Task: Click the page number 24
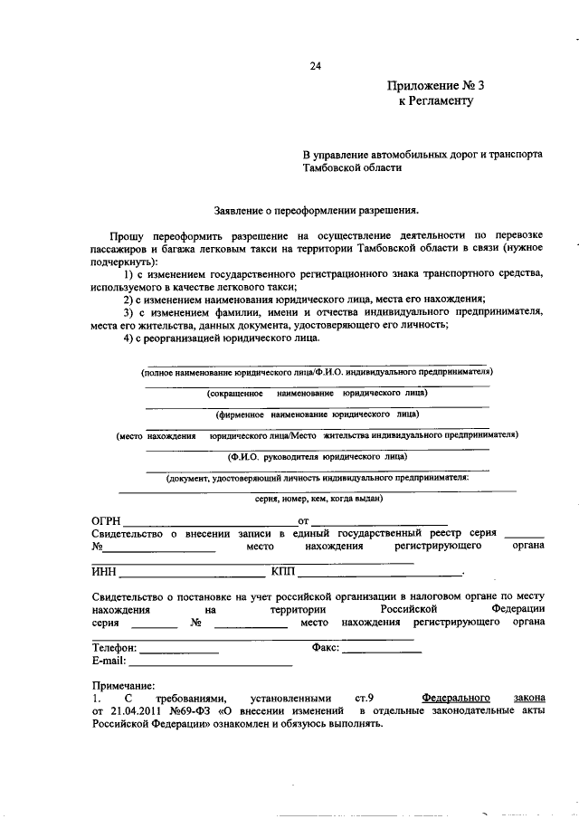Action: coord(315,65)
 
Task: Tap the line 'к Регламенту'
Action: coord(436,102)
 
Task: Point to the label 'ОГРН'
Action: coord(106,521)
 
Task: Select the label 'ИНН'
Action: coord(104,572)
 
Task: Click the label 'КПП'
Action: coord(283,572)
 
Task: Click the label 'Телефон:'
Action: coord(115,648)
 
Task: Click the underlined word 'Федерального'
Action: coord(456,698)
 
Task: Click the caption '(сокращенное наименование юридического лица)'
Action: coord(317,394)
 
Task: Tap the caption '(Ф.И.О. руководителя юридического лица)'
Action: coord(317,457)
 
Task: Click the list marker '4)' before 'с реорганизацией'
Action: coord(129,338)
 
